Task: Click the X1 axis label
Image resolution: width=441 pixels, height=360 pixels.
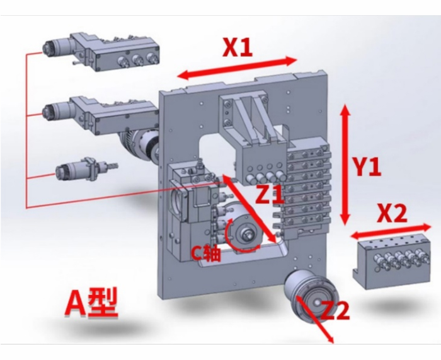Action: [x=238, y=47]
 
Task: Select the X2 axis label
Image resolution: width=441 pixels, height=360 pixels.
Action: [x=392, y=213]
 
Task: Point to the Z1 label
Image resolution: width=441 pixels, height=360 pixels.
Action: [x=270, y=194]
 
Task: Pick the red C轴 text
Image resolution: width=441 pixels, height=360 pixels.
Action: [x=206, y=253]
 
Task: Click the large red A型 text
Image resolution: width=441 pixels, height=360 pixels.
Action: [x=91, y=303]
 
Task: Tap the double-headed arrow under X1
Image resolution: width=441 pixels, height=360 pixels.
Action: [x=237, y=68]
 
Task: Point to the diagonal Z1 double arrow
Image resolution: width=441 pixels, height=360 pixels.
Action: [x=249, y=209]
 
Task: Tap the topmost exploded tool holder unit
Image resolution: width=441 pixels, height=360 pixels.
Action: [x=101, y=52]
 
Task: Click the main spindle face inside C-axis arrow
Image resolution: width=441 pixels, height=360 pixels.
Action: [x=247, y=235]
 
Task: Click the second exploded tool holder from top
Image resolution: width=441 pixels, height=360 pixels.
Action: [x=100, y=116]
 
